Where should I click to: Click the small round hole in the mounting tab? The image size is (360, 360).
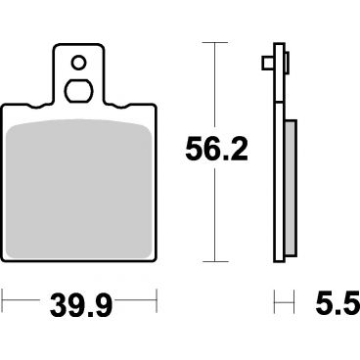[78, 63]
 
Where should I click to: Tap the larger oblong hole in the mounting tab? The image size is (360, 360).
[78, 91]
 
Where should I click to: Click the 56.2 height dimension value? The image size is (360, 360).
[216, 150]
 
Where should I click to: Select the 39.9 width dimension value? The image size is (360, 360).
[81, 305]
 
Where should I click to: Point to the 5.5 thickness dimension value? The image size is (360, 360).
[337, 303]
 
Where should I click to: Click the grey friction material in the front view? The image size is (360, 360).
[78, 189]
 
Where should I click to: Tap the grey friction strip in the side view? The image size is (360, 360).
[291, 187]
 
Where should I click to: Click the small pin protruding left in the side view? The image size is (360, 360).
[267, 63]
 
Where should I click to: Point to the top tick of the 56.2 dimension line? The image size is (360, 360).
[214, 43]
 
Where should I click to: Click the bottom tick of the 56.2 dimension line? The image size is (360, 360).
[214, 261]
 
